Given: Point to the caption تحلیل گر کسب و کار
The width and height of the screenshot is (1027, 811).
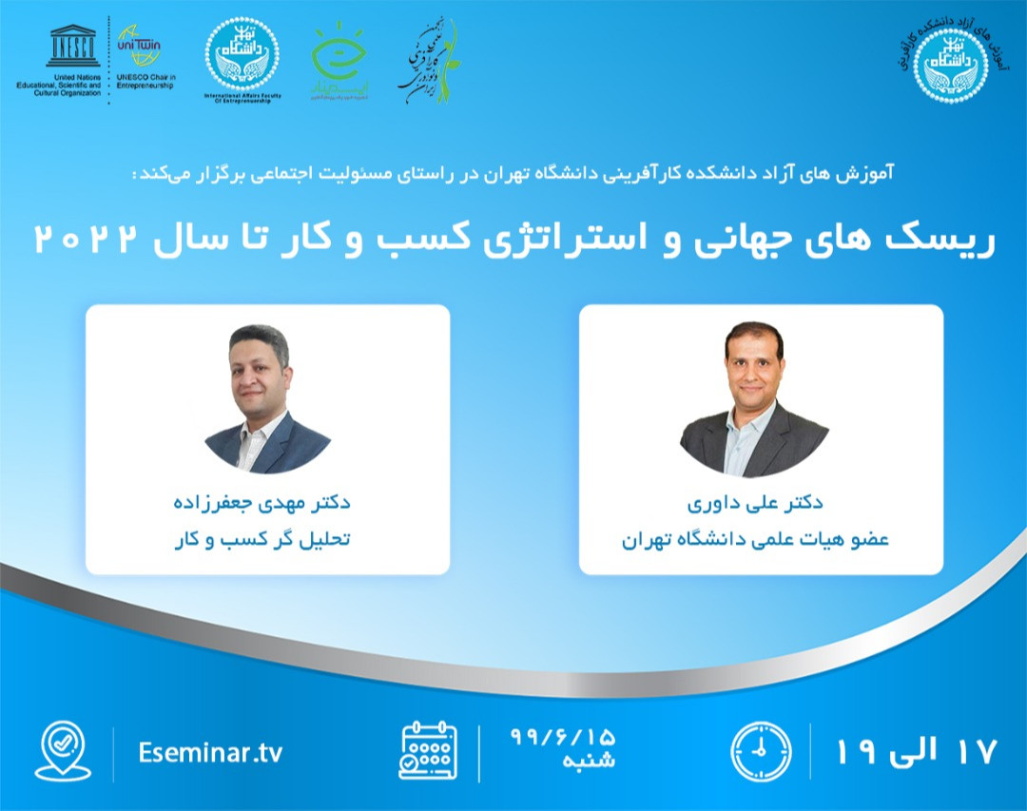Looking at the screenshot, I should click(267, 539).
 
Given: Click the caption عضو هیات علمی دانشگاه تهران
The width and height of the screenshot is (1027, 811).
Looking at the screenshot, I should click(755, 539).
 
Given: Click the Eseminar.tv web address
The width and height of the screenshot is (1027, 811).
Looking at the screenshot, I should click(210, 753).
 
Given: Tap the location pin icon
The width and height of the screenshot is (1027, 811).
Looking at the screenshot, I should click(62, 751).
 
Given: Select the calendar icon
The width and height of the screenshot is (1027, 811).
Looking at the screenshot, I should click(428, 751).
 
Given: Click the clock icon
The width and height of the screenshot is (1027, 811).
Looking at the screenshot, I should click(761, 751).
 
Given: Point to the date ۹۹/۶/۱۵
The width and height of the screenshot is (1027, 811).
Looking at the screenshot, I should click(563, 736).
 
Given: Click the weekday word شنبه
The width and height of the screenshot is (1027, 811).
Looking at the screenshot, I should click(591, 763).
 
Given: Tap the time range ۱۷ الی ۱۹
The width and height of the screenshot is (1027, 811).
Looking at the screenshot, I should click(917, 751).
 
